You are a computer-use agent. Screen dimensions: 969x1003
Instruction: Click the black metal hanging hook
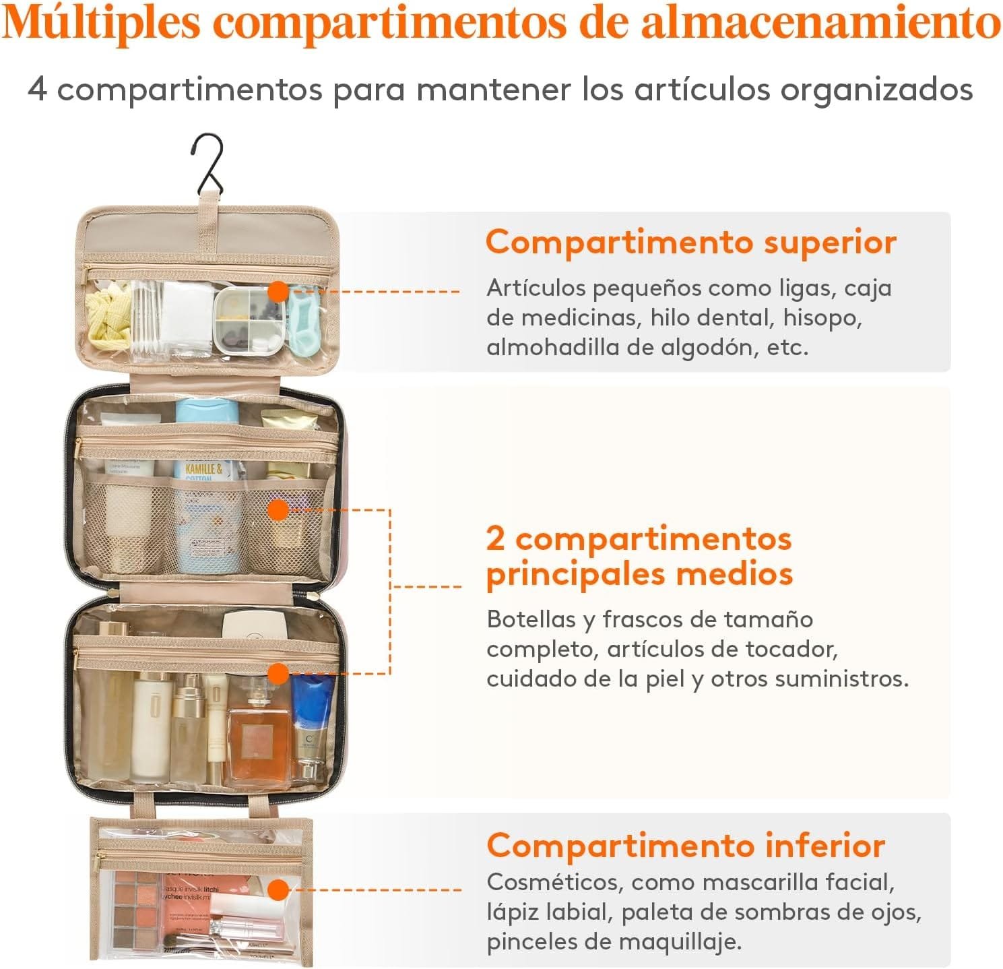(210, 164)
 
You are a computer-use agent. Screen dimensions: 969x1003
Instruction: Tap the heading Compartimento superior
(690, 243)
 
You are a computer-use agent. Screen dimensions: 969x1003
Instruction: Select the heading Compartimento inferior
(685, 846)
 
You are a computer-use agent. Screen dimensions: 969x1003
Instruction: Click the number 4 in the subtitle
(37, 90)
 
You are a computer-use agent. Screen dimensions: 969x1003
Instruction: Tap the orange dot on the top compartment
(278, 292)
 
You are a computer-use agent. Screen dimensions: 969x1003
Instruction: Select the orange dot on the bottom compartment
(278, 890)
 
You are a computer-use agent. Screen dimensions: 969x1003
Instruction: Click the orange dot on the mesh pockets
(278, 509)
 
